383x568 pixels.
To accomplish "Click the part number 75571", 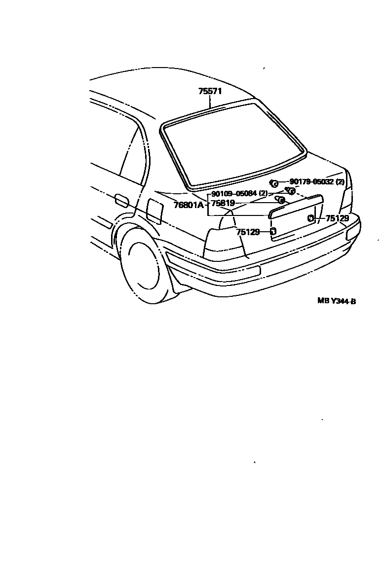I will tap(210, 91).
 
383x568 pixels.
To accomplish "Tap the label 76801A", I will tap(189, 204).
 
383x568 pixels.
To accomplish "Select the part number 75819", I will tap(223, 203).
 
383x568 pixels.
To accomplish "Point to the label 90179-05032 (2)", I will tap(317, 182).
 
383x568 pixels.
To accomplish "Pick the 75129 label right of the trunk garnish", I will tap(337, 218).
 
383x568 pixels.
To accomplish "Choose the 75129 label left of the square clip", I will tap(248, 232).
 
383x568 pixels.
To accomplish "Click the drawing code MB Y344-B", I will tap(336, 300).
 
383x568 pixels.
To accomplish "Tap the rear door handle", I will tap(121, 201).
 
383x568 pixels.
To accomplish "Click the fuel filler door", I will tap(155, 212).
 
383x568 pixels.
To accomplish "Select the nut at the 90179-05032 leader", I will tap(274, 184).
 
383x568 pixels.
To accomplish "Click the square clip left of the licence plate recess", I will tap(273, 231).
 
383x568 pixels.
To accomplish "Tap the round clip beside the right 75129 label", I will tap(310, 218).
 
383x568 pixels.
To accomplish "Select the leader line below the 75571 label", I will tap(211, 102).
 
